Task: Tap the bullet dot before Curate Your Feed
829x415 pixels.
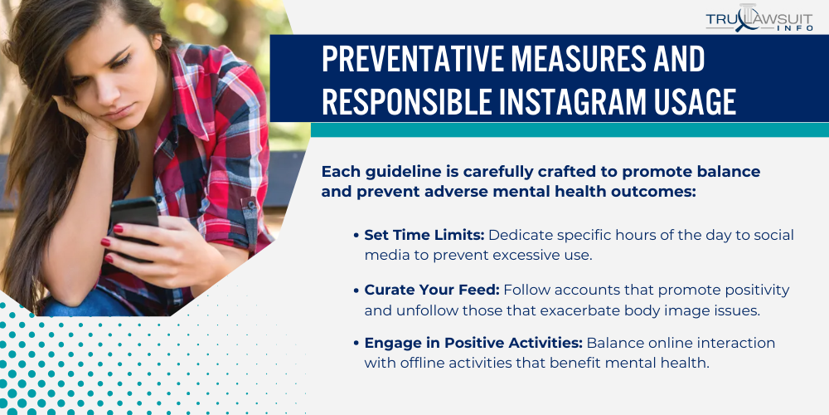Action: [356, 290]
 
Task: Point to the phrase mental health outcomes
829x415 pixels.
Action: [596, 191]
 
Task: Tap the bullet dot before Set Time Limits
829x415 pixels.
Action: [356, 236]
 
